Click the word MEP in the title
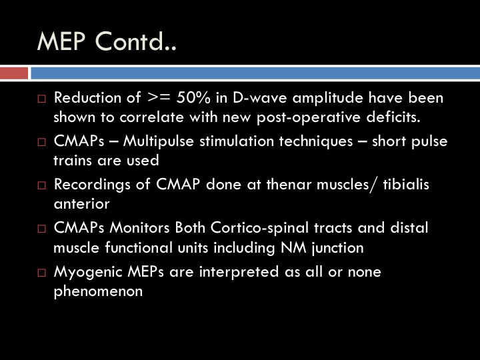[x=61, y=41]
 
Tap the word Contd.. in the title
[x=136, y=41]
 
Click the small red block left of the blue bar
[x=14, y=73]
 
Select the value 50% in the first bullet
[x=193, y=97]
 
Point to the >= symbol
[x=159, y=98]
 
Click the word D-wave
[x=259, y=97]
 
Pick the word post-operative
[x=308, y=118]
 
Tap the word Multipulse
[x=158, y=142]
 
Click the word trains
[x=73, y=161]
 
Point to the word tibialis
[x=406, y=185]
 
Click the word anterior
[x=81, y=204]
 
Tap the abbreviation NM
[x=293, y=247]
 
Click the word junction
[x=337, y=248]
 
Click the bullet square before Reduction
[x=41, y=99]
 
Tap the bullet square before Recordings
[x=41, y=185]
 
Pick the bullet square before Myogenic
[x=41, y=273]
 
